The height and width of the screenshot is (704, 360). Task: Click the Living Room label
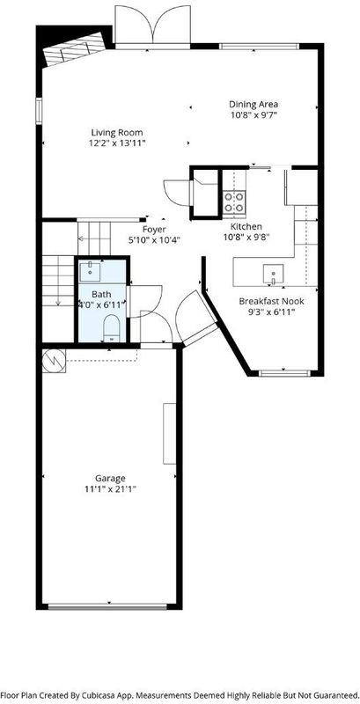coord(117,133)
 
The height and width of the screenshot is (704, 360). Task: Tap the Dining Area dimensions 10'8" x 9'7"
coord(253,115)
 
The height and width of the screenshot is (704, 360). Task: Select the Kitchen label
coord(246,226)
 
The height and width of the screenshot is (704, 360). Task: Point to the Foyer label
coord(154,230)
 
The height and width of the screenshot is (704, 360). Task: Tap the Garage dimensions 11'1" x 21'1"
coord(110,488)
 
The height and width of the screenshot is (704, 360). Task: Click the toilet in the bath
coord(111,327)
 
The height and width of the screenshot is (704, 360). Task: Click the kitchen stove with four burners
coord(234,202)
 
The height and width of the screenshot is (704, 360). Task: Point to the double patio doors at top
coord(152,26)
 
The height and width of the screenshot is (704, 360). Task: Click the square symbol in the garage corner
coord(55,361)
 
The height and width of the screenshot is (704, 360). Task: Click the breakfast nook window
coord(284,372)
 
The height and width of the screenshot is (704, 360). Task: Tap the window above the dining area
coord(259,46)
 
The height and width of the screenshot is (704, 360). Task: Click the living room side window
coord(39,111)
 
